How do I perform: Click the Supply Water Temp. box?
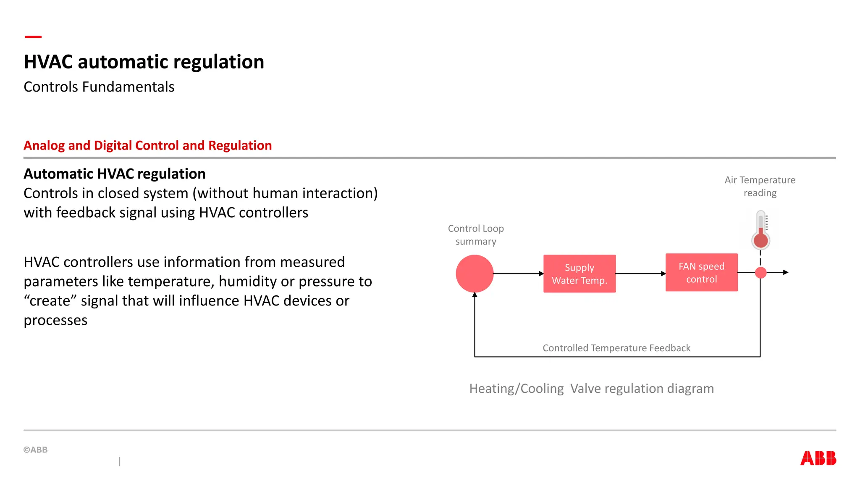click(579, 274)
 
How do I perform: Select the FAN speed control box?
click(701, 272)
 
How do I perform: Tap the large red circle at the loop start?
click(475, 274)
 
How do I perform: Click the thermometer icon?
click(760, 230)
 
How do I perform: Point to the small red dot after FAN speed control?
click(760, 273)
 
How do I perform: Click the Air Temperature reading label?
click(760, 186)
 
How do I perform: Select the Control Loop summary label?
click(475, 235)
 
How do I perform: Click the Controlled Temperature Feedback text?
click(616, 348)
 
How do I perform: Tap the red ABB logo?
click(818, 458)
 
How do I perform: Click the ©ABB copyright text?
click(36, 450)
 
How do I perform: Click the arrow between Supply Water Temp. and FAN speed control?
click(640, 274)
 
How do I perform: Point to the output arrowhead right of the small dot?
click(785, 272)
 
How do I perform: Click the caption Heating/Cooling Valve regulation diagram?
click(591, 389)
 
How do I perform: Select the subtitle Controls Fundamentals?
click(99, 87)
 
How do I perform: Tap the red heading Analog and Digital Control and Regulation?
click(147, 145)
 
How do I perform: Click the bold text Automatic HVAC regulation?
click(114, 174)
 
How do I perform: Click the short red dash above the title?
click(33, 37)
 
